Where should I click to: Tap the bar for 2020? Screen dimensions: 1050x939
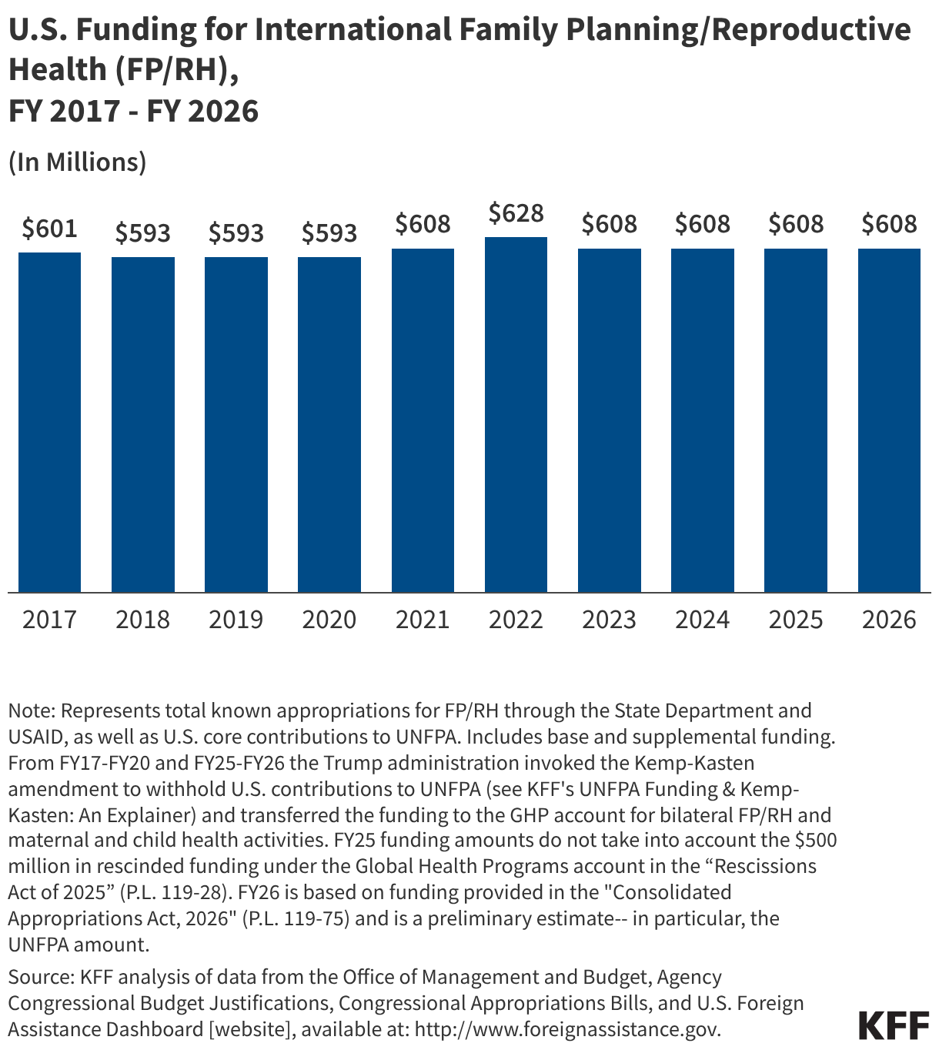[x=329, y=424]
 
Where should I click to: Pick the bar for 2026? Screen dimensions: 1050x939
[x=889, y=420]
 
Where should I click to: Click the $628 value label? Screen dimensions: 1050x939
[x=516, y=213]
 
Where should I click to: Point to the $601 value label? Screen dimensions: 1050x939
[x=49, y=229]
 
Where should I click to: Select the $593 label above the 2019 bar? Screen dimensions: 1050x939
[x=236, y=233]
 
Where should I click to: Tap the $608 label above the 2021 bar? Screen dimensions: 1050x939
[x=423, y=225]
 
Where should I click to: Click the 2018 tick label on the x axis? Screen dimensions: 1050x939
[x=143, y=620]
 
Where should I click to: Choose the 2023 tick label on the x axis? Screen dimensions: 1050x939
[x=609, y=620]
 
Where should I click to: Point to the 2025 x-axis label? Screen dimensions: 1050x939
[x=796, y=620]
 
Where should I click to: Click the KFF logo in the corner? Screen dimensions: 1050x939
[x=894, y=1025]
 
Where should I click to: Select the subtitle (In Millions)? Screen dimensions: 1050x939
[x=77, y=162]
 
